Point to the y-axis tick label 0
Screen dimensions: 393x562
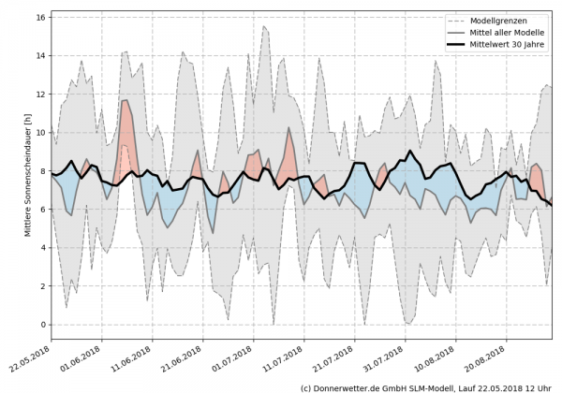(42, 324)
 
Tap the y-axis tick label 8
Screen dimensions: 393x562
(42, 170)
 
